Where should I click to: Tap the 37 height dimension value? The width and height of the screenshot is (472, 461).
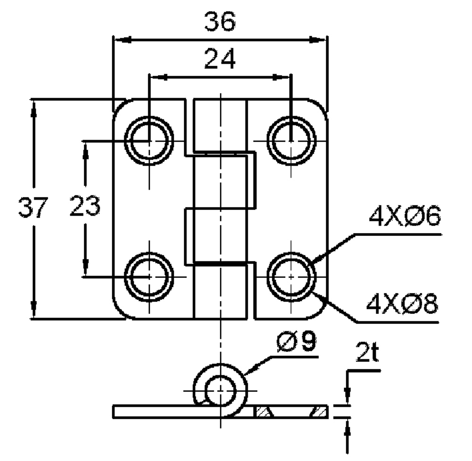(33, 208)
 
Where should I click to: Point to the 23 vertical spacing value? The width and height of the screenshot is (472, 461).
(85, 208)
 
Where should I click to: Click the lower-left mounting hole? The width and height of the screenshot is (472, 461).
(149, 276)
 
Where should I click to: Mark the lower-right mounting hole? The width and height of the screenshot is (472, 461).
(291, 276)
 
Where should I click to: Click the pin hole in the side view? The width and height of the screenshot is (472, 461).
(220, 390)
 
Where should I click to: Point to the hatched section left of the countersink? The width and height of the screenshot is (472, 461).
(263, 411)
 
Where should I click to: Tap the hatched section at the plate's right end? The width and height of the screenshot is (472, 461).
(320, 411)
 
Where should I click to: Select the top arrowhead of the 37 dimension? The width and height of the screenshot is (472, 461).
(33, 105)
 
